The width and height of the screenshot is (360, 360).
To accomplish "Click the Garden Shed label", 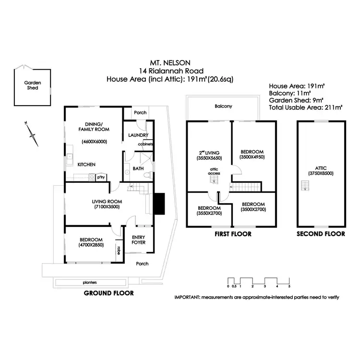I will pyautogui.click(x=33, y=85).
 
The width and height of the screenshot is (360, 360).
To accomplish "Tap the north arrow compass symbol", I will pyautogui.click(x=33, y=134).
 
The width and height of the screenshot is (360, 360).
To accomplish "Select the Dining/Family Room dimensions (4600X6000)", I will pyautogui.click(x=94, y=142).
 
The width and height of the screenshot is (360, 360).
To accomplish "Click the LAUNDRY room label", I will pyautogui.click(x=139, y=135).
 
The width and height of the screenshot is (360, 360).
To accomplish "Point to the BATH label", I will pyautogui.click(x=138, y=169).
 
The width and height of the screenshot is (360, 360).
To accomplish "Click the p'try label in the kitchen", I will pyautogui.click(x=101, y=177).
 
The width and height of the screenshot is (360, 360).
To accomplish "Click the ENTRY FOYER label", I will pyautogui.click(x=139, y=240).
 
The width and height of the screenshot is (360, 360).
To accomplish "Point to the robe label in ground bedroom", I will pyautogui.click(x=118, y=250).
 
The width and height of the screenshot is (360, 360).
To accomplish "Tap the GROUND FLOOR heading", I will pyautogui.click(x=109, y=293).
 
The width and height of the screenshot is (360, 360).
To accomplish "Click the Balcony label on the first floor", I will pyautogui.click(x=224, y=106).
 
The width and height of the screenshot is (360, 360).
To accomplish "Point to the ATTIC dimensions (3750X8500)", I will pyautogui.click(x=321, y=173).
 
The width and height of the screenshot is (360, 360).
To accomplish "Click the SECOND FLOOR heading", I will pyautogui.click(x=321, y=234).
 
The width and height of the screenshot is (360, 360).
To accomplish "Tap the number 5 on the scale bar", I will pyautogui.click(x=290, y=287).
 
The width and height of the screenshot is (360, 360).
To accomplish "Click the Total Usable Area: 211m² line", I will pyautogui.click(x=306, y=108).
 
